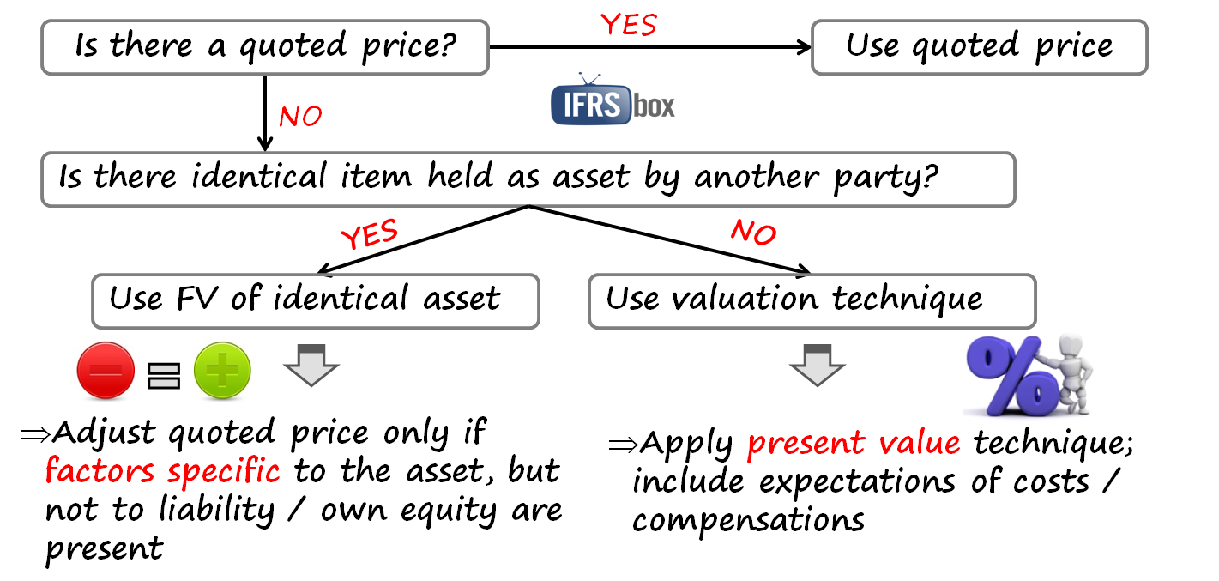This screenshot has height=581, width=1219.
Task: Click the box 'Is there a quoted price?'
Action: point(264,45)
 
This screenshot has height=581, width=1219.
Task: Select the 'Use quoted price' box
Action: point(979,45)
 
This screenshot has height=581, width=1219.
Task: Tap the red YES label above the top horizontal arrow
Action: point(629,25)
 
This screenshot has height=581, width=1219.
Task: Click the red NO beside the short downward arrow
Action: point(300,115)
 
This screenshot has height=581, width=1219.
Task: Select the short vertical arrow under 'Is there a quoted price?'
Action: point(265,112)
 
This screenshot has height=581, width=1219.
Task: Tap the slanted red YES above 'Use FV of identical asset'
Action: point(370,234)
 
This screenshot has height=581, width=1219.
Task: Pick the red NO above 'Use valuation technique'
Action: point(753,231)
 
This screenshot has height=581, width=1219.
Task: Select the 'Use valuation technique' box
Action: point(794,300)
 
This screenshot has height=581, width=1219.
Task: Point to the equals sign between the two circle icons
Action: point(163,375)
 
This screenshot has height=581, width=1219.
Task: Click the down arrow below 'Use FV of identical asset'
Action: point(311,365)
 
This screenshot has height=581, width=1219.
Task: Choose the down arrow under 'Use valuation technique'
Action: point(818,365)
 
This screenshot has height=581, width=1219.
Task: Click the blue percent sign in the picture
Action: point(1011,376)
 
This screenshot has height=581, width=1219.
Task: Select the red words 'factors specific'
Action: point(162,471)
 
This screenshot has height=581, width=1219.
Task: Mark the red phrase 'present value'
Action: point(853,443)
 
